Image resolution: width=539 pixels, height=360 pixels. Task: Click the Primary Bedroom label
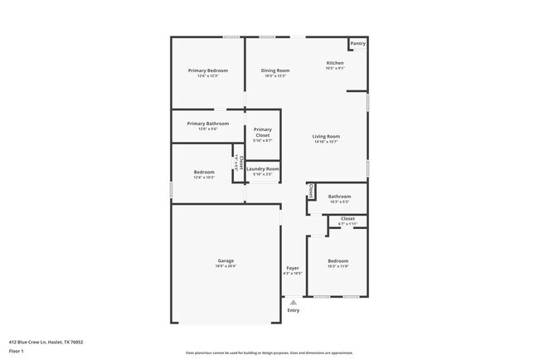tap(207, 71)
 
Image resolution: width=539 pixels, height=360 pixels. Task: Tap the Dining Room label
tap(275, 71)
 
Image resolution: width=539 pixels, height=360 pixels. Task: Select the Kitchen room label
tap(335, 63)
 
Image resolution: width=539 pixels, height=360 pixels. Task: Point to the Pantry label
tap(357, 43)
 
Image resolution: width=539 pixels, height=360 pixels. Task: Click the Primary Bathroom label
tap(207, 124)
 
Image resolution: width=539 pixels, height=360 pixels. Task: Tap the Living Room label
tap(326, 136)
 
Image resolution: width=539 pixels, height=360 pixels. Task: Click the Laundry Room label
tap(263, 168)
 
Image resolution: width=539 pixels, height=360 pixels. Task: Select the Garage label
tap(226, 261)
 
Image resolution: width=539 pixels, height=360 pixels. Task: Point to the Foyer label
tap(293, 268)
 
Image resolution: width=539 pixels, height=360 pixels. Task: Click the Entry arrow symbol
tap(293, 302)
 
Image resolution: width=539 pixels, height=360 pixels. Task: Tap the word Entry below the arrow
tap(293, 311)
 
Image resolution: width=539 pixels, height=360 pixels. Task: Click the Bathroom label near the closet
tap(339, 197)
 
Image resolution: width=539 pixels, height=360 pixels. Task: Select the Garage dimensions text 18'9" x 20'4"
tap(226, 267)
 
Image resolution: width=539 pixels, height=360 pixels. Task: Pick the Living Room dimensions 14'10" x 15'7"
tap(326, 142)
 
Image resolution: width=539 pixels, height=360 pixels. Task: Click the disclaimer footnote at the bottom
tap(269, 353)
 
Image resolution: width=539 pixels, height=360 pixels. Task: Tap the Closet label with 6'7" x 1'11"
tap(347, 218)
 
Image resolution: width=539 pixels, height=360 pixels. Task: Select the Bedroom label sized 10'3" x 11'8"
tap(337, 261)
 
